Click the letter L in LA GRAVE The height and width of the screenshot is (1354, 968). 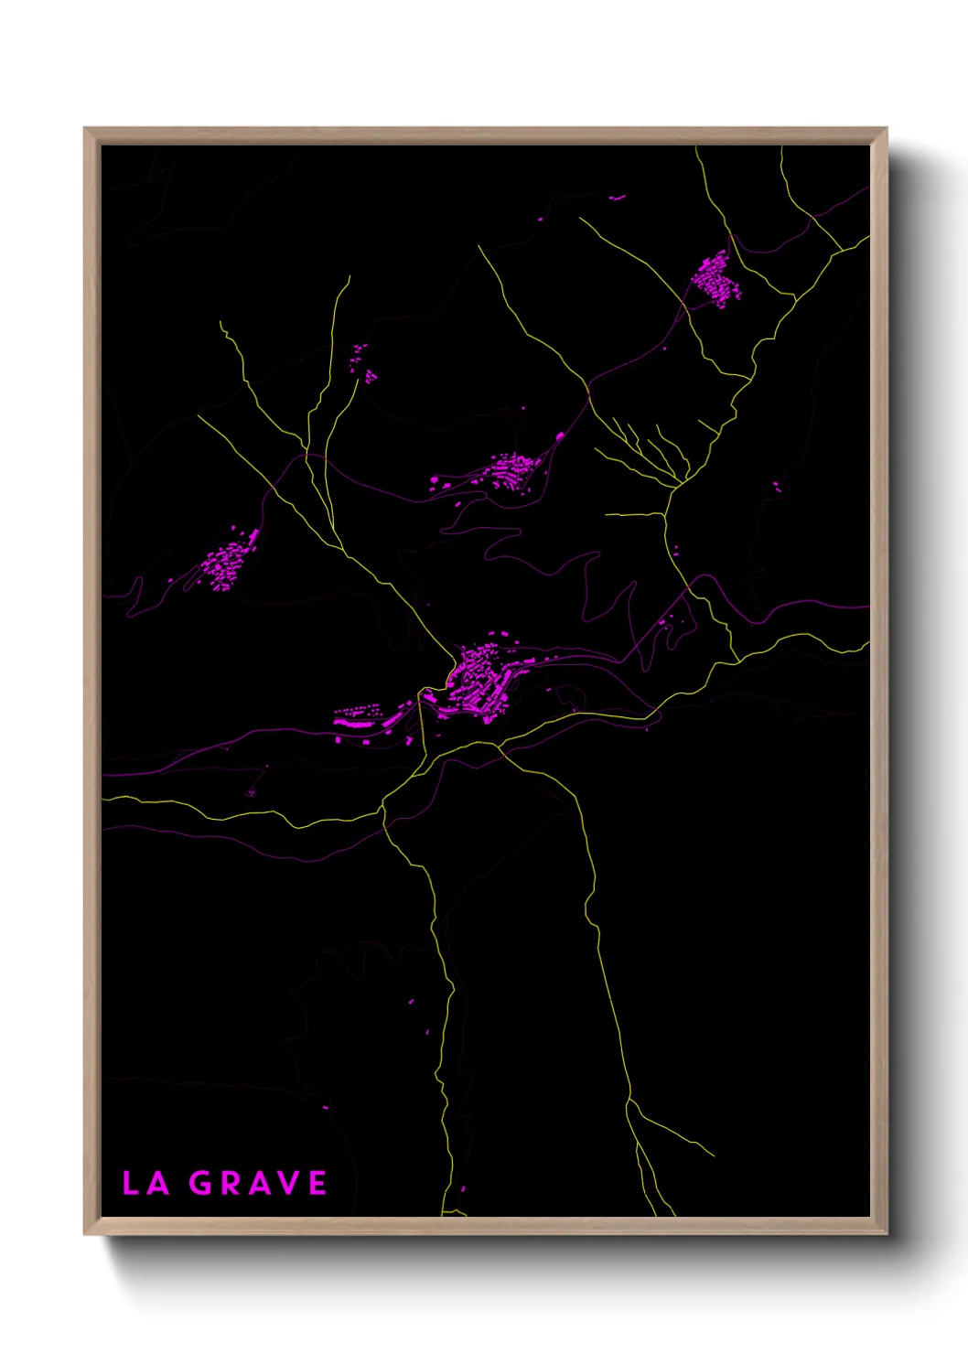(131, 1183)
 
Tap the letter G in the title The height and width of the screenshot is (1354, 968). (201, 1183)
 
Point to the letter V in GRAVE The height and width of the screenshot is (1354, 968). (287, 1183)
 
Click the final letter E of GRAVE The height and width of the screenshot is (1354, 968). (317, 1183)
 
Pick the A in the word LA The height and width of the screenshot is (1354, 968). (158, 1183)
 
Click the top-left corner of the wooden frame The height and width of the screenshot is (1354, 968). (85, 129)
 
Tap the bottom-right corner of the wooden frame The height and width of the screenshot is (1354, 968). (886, 1234)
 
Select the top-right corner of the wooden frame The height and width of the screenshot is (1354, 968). (886, 129)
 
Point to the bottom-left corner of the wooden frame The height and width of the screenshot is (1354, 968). (85, 1234)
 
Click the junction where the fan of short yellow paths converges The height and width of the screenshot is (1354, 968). (680, 483)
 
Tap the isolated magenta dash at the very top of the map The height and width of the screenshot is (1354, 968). (618, 197)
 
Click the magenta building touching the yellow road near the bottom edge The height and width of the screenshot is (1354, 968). (462, 1189)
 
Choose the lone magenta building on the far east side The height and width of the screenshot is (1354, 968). (776, 486)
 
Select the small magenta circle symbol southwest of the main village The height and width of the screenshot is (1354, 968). (252, 792)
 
